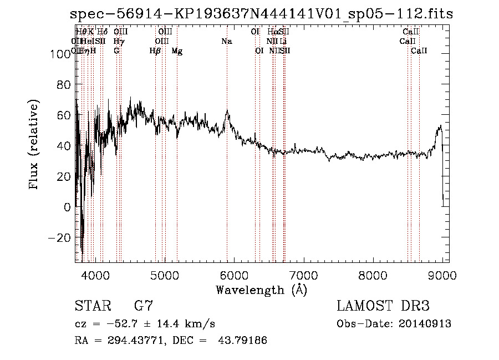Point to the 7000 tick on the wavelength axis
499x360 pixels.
(303, 275)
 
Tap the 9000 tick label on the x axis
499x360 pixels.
(442, 275)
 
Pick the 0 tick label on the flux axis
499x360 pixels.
(67, 207)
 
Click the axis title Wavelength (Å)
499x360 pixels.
(261, 290)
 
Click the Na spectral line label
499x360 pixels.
(226, 42)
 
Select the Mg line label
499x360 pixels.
(177, 51)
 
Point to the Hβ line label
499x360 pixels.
(155, 51)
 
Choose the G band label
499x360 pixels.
(116, 51)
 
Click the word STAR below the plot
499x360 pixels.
(91, 306)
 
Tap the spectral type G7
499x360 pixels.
(144, 306)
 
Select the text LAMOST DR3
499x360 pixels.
(383, 306)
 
